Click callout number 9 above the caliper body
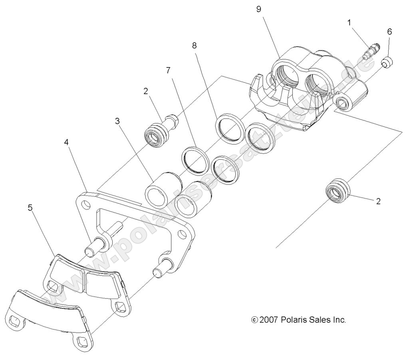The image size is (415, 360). point(258,9)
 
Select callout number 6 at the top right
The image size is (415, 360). point(389,31)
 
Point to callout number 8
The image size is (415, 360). point(195,45)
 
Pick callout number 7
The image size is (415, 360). point(168,71)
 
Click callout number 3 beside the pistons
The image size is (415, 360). point(117,121)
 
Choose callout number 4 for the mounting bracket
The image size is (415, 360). point(67,142)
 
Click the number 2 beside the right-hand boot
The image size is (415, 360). point(378,201)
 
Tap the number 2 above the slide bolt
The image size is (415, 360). point(146,91)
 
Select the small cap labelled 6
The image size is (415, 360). point(387,62)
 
